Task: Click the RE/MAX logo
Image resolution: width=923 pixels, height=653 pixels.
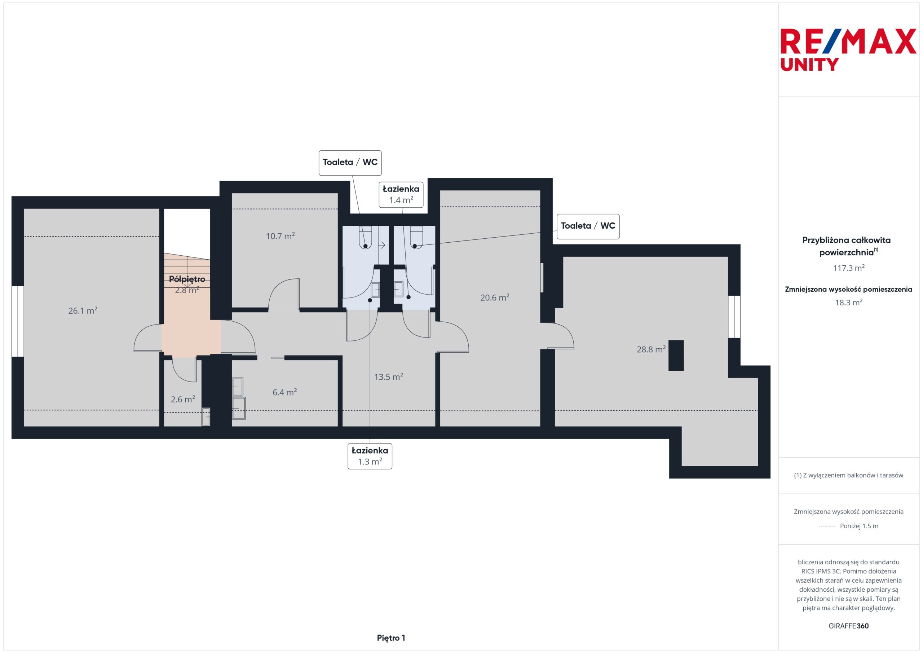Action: pyautogui.click(x=848, y=49)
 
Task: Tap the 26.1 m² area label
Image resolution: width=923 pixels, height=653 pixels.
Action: pyautogui.click(x=83, y=310)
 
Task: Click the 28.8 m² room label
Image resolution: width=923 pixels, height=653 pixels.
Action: pyautogui.click(x=651, y=349)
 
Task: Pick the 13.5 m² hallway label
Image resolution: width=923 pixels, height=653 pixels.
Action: pyautogui.click(x=389, y=376)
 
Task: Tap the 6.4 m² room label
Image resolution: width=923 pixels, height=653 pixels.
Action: pyautogui.click(x=284, y=392)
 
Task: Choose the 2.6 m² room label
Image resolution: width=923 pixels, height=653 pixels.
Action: pyautogui.click(x=183, y=399)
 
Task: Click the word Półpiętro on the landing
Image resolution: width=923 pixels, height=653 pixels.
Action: pyautogui.click(x=187, y=279)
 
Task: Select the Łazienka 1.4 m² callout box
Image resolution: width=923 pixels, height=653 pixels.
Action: pyautogui.click(x=401, y=194)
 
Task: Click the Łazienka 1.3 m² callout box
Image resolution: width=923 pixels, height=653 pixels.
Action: pyautogui.click(x=370, y=456)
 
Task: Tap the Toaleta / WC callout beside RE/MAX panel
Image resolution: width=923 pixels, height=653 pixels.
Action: pyautogui.click(x=588, y=226)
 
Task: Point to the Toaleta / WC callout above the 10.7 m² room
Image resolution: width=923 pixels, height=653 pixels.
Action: pyautogui.click(x=350, y=163)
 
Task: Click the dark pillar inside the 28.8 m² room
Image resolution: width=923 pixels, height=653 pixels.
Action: pyautogui.click(x=676, y=356)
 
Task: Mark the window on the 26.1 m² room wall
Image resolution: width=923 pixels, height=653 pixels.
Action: pyautogui.click(x=18, y=321)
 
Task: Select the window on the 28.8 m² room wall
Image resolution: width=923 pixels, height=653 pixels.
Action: pyautogui.click(x=734, y=317)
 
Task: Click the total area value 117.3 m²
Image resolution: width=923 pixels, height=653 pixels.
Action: pyautogui.click(x=849, y=268)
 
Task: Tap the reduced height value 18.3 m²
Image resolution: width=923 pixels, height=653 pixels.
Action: pyautogui.click(x=849, y=303)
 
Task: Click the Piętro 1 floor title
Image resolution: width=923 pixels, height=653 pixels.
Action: pyautogui.click(x=391, y=638)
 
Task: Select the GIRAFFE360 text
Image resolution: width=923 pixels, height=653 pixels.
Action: pyautogui.click(x=849, y=626)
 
